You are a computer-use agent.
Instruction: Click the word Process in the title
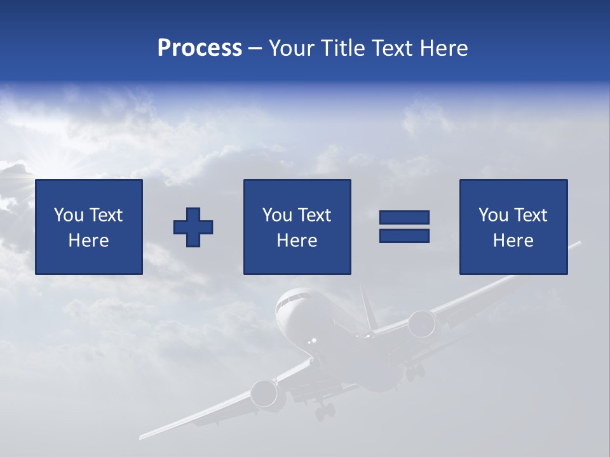200,48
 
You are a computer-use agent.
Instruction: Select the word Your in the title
292,48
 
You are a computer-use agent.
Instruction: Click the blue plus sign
193,227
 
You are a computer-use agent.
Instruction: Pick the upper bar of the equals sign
404,218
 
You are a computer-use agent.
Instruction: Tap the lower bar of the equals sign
404,235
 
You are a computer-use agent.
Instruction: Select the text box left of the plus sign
89,227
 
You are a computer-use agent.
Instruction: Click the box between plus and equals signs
297,227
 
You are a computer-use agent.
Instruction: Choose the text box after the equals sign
513,227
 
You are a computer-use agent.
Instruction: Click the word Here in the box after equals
513,241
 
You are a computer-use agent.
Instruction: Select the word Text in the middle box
315,215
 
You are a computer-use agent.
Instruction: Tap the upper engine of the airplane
422,323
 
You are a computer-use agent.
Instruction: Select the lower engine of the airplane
264,394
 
